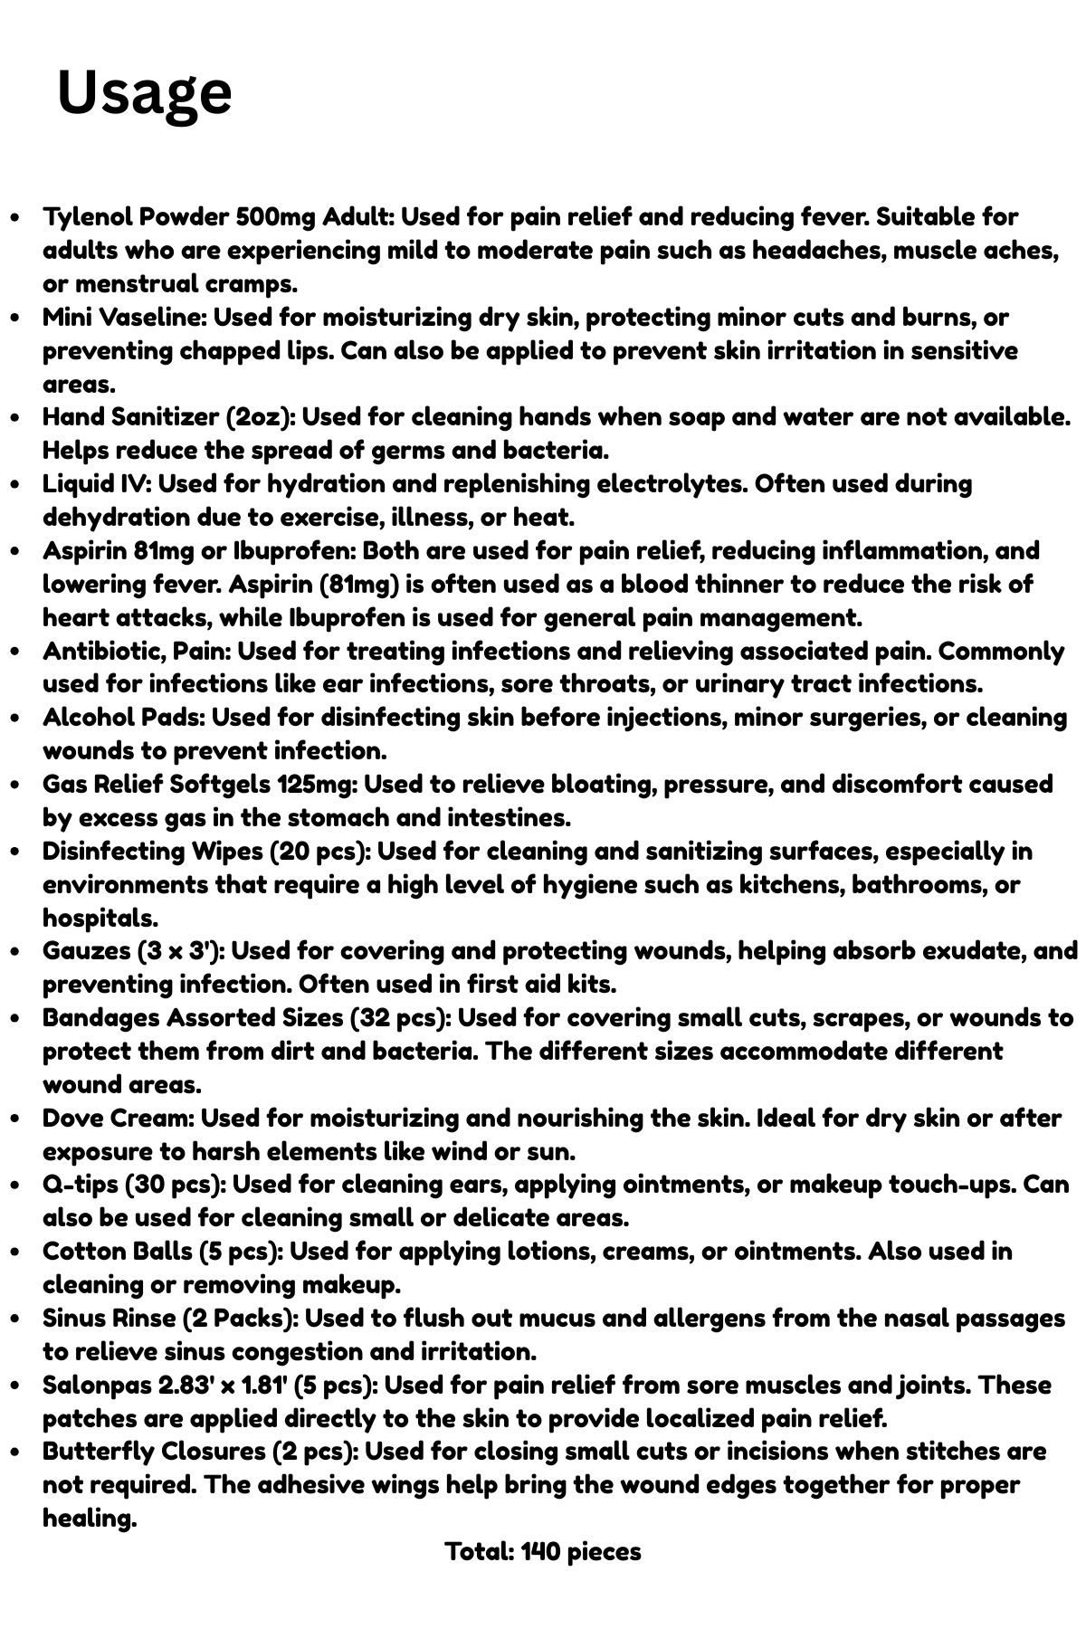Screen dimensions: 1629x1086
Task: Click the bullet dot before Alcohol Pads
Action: click(15, 719)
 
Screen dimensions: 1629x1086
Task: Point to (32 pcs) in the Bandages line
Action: click(400, 1018)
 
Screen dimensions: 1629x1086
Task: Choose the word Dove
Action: click(73, 1119)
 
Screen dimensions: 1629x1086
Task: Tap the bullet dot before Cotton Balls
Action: click(15, 1253)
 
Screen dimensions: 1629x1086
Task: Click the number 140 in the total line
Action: click(540, 1551)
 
